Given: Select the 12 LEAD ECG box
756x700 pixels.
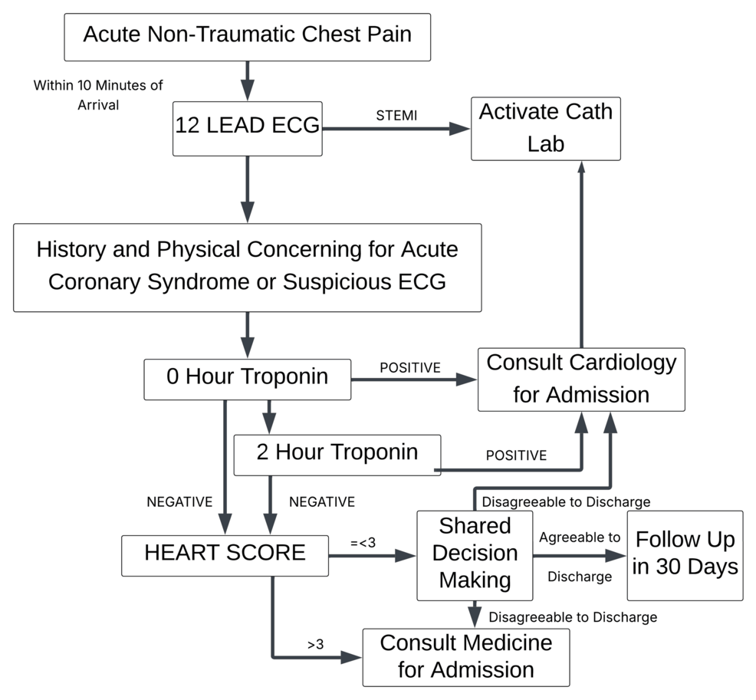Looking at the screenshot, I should tap(247, 127).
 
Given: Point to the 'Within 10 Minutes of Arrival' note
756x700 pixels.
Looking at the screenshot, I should tap(98, 94).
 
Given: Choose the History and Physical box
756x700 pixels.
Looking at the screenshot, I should tap(247, 266).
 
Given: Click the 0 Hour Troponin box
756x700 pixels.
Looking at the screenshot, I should tap(247, 378).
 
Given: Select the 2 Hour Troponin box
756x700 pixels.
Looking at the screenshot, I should tap(337, 453).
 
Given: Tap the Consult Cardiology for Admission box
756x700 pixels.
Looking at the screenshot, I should tap(580, 378).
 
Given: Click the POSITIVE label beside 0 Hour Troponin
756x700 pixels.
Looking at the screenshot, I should tap(410, 368).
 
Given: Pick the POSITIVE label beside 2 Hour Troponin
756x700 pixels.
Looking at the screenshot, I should tap(516, 455).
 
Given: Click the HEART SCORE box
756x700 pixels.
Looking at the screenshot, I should tap(225, 554).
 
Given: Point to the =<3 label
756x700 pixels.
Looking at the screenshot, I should tap(363, 543).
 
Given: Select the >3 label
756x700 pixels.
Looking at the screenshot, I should tap(316, 645).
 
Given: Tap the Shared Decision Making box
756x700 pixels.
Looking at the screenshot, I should tap(475, 554).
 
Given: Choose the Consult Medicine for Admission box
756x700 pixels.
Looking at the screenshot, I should tap(465, 656).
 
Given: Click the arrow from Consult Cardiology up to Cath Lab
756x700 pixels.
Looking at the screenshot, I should tap(580, 253).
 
